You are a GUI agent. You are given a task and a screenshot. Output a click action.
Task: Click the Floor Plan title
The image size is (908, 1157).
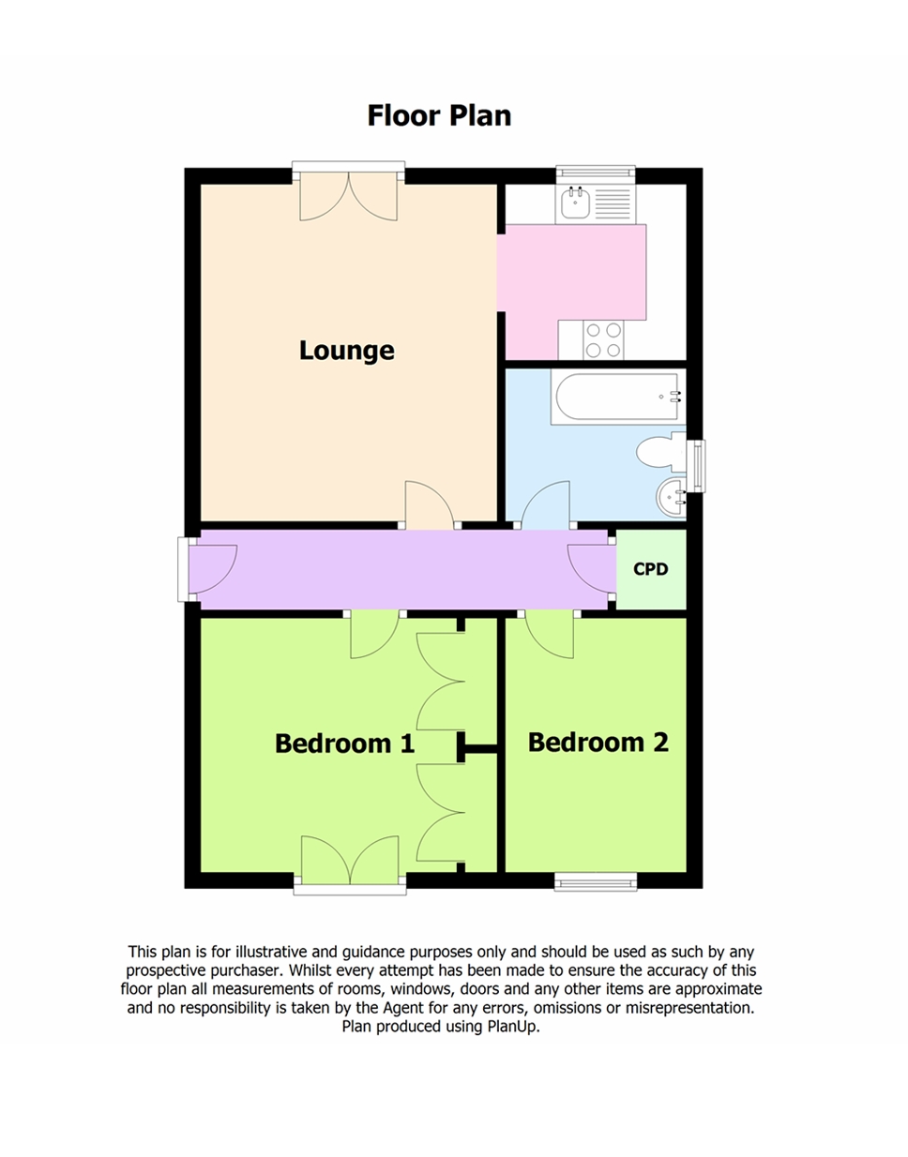pos(439,115)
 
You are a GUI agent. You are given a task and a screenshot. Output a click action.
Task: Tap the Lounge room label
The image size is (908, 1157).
pos(346,351)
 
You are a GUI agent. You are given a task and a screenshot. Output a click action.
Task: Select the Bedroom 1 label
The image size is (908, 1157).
pos(344,744)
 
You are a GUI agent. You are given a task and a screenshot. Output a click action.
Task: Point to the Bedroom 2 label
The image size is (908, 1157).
pos(598,743)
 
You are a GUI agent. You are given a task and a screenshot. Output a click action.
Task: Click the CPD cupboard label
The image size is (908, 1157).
pos(650,569)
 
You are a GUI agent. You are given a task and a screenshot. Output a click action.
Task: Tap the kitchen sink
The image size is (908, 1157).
pos(574,203)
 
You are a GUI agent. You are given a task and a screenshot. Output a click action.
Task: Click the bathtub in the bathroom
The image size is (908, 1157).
pos(616,398)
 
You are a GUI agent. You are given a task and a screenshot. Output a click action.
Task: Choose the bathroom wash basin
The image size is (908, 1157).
pos(673,496)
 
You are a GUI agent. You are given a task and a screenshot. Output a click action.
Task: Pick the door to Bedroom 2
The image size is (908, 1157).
pos(550,635)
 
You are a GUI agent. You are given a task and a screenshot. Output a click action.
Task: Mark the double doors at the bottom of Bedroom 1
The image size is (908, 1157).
pos(350,861)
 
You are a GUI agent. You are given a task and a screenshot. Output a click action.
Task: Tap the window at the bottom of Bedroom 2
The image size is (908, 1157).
pos(596,880)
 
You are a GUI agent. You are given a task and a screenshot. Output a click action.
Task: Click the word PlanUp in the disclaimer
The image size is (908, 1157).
pos(512,1027)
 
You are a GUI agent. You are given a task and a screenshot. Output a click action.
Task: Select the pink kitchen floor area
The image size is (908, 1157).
pos(572,272)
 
